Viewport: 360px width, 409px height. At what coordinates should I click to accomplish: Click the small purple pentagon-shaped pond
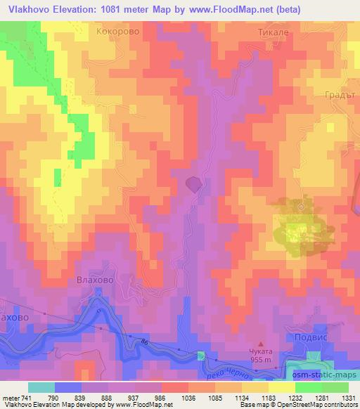pyautogui.click(x=194, y=184)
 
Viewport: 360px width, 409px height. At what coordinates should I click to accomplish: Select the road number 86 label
pyautogui.click(x=146, y=340)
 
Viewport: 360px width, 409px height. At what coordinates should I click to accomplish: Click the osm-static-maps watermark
pyautogui.click(x=326, y=375)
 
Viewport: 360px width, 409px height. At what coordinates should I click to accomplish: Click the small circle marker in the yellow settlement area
pyautogui.click(x=300, y=207)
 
